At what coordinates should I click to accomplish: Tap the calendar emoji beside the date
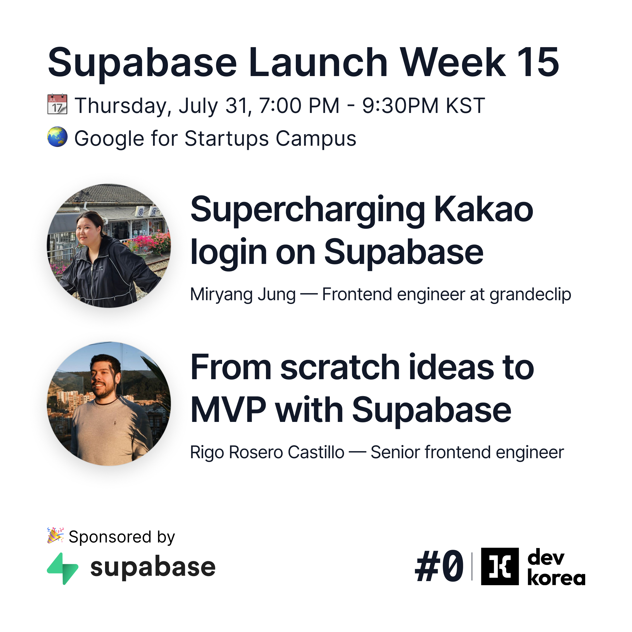tap(57, 104)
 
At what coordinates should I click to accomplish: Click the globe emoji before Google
tap(57, 137)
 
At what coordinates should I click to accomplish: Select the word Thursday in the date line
tap(123, 106)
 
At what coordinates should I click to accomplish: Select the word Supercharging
tap(308, 211)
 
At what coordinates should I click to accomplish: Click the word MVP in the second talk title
tap(228, 410)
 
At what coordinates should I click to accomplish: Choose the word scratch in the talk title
tap(340, 368)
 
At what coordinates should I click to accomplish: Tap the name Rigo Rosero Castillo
tap(267, 452)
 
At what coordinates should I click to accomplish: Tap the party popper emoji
tap(55, 535)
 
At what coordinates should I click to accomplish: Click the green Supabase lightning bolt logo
tap(63, 569)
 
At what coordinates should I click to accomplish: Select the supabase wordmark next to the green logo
tap(153, 568)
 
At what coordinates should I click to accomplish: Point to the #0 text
tap(439, 566)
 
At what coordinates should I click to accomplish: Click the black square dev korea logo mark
tap(500, 566)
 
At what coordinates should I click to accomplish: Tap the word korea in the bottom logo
tap(556, 578)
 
